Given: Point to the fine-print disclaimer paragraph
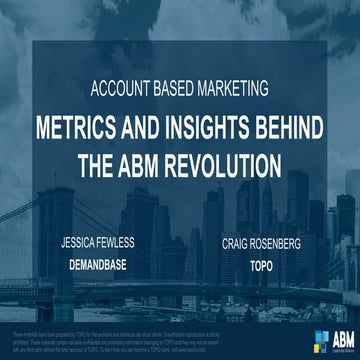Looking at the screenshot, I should tap(140, 336).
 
